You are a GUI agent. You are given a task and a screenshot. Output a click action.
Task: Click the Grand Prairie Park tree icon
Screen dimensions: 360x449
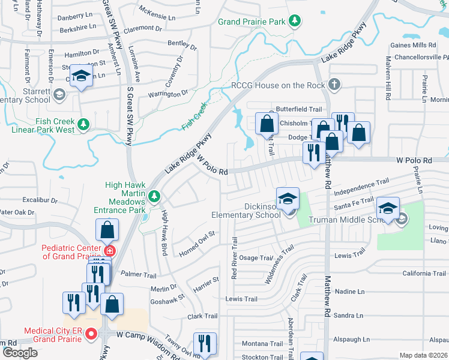click(x=294, y=22)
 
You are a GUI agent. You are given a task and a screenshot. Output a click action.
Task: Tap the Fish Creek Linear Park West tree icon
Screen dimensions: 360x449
click(x=84, y=124)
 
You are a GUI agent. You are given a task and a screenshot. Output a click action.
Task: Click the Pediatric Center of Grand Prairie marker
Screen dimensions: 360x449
click(x=109, y=250)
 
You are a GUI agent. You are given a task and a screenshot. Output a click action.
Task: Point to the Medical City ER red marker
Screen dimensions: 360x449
click(x=91, y=334)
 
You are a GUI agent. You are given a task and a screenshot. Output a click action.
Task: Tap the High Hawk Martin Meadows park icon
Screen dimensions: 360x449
click(x=154, y=196)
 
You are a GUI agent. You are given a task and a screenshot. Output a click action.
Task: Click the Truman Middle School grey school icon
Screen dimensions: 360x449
click(x=402, y=220)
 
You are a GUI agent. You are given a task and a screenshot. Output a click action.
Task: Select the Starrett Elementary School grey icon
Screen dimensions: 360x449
click(x=59, y=94)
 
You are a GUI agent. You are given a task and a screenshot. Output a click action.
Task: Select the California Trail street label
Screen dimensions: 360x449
click(x=408, y=273)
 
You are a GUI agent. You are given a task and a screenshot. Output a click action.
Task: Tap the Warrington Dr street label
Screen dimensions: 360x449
click(x=168, y=94)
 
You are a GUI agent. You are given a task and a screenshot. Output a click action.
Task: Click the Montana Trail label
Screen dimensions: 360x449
click(x=262, y=344)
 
